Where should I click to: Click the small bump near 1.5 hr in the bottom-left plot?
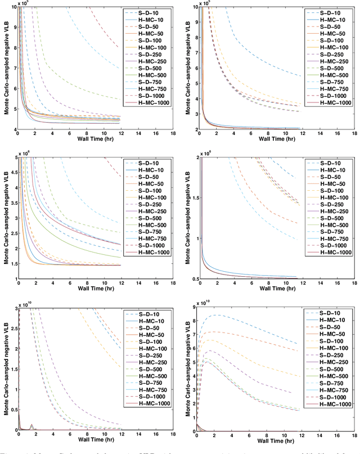pyautogui.click(x=31, y=426)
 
